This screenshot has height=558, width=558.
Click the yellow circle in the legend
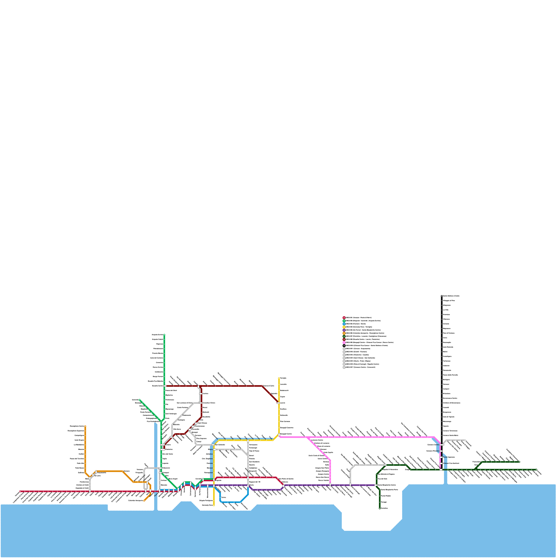344,327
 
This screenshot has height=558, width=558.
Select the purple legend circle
344,330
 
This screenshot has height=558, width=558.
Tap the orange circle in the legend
344,333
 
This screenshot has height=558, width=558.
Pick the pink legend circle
344,342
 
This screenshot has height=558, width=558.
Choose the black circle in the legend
344,346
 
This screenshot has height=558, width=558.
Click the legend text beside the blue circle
356,324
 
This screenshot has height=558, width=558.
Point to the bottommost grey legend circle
344,367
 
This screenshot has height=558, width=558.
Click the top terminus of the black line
442,296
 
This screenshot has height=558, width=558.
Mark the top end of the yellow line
279,378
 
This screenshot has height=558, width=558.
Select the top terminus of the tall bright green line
164,335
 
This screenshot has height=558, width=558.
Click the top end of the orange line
85,426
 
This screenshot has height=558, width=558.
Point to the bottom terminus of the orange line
144,501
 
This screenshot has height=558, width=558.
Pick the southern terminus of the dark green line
380,508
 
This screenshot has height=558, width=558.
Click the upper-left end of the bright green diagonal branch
139,400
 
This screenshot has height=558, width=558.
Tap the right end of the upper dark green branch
519,462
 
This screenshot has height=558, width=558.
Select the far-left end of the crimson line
20,491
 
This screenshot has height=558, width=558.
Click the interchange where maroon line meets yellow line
278,403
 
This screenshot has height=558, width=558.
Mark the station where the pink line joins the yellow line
279,435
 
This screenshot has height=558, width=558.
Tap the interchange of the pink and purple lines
330,485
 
